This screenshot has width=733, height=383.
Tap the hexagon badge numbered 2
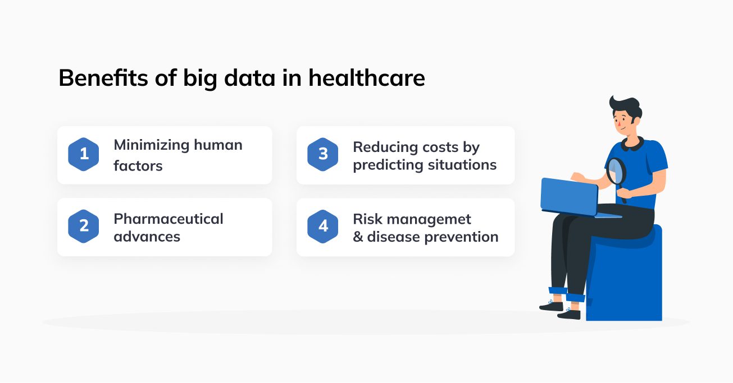click(84, 226)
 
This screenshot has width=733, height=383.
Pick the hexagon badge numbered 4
click(323, 226)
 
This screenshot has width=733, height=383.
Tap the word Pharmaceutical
click(168, 219)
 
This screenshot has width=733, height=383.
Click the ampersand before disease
click(358, 237)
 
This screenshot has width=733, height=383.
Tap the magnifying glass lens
click(616, 172)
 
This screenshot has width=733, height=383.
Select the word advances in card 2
click(147, 237)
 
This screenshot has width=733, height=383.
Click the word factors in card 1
click(138, 166)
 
